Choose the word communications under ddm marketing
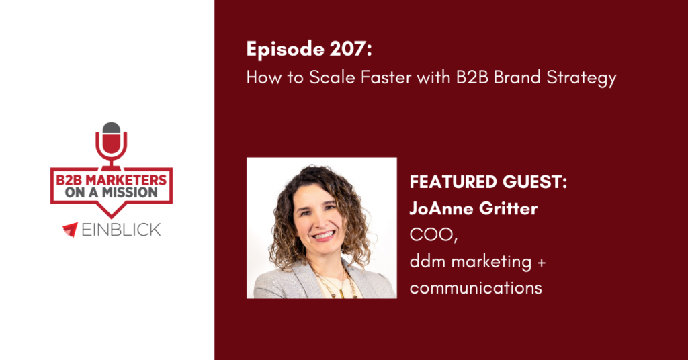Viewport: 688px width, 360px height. click(x=476, y=287)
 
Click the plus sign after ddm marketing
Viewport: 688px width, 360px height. click(x=542, y=261)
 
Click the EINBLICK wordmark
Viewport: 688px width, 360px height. click(x=122, y=230)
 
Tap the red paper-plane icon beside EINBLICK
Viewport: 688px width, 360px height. click(x=71, y=230)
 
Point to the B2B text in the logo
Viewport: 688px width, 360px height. click(x=69, y=179)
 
